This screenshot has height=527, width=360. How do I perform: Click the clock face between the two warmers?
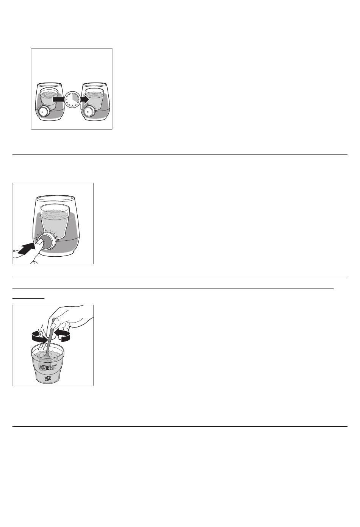[x=72, y=99]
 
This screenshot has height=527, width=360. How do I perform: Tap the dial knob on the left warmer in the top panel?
[x=44, y=112]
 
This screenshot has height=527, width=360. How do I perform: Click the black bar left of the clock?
[x=58, y=100]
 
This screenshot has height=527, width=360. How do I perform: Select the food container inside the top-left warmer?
[x=49, y=99]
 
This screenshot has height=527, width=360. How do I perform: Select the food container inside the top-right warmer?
[x=94, y=99]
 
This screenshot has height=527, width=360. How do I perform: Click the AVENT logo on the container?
[x=48, y=368]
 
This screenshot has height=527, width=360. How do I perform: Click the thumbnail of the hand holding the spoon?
[x=54, y=325]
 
